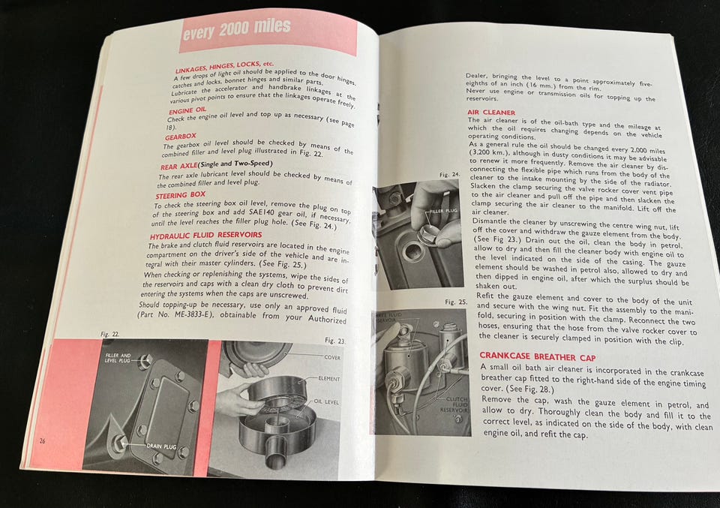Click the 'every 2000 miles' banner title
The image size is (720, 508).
pyautogui.click(x=236, y=29)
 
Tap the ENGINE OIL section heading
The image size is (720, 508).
pyautogui.click(x=187, y=111)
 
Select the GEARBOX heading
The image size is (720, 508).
pyautogui.click(x=181, y=137)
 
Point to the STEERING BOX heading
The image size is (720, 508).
pyautogui.click(x=181, y=195)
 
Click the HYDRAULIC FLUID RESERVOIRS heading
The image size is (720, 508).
pyautogui.click(x=205, y=235)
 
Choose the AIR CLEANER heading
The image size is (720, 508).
pyautogui.click(x=491, y=113)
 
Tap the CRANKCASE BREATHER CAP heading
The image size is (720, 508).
pyautogui.click(x=538, y=356)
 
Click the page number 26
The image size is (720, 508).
pyautogui.click(x=42, y=441)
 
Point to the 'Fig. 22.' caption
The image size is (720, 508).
pyautogui.click(x=109, y=334)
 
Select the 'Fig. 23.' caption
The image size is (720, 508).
pyautogui.click(x=335, y=341)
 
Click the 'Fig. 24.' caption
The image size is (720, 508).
pyautogui.click(x=449, y=175)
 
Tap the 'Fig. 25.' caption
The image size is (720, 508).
pyautogui.click(x=456, y=302)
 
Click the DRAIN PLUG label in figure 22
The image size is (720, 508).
pyautogui.click(x=162, y=446)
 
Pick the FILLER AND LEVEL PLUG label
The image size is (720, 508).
pyautogui.click(x=118, y=358)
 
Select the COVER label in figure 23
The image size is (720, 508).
pyautogui.click(x=332, y=357)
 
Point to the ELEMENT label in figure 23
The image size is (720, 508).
pyautogui.click(x=329, y=379)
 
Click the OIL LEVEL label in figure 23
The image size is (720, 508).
pyautogui.click(x=326, y=402)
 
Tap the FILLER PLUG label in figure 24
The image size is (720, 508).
pyautogui.click(x=443, y=211)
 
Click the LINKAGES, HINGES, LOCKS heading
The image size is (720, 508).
pyautogui.click(x=224, y=68)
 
